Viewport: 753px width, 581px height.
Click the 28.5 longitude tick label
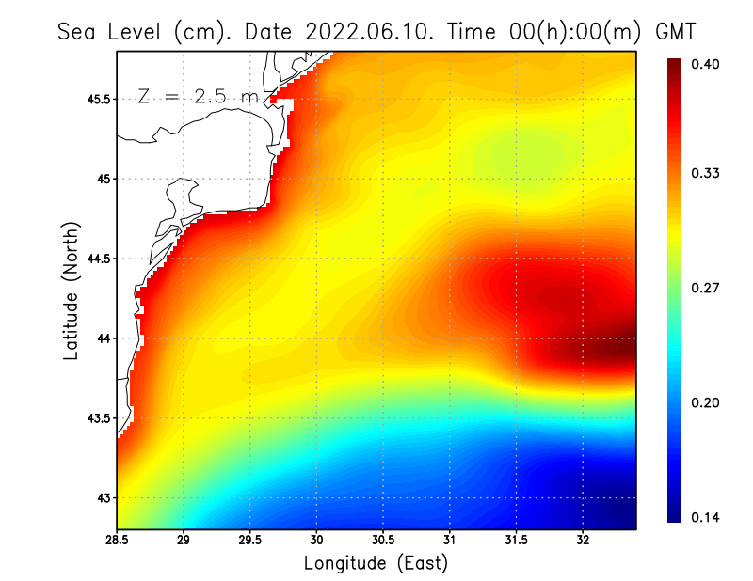click(x=117, y=541)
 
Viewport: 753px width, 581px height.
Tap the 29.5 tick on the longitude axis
click(x=250, y=541)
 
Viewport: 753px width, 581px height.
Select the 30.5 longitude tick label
click(x=383, y=541)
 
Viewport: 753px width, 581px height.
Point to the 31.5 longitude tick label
click(x=516, y=541)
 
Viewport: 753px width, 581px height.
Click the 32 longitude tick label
click(x=584, y=541)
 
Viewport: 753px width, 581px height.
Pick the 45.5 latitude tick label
click(x=99, y=99)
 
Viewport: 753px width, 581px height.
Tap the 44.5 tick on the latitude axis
click(x=99, y=259)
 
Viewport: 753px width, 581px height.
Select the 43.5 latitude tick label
click(x=99, y=417)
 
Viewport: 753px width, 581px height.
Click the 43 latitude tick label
click(x=104, y=497)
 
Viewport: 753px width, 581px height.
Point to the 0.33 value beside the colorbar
click(x=708, y=173)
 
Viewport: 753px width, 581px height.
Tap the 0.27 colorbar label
click(x=708, y=288)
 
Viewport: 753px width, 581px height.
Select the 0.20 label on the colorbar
click(x=708, y=402)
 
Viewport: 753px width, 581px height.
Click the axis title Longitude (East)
click(x=376, y=563)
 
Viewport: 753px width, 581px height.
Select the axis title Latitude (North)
click(x=72, y=290)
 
